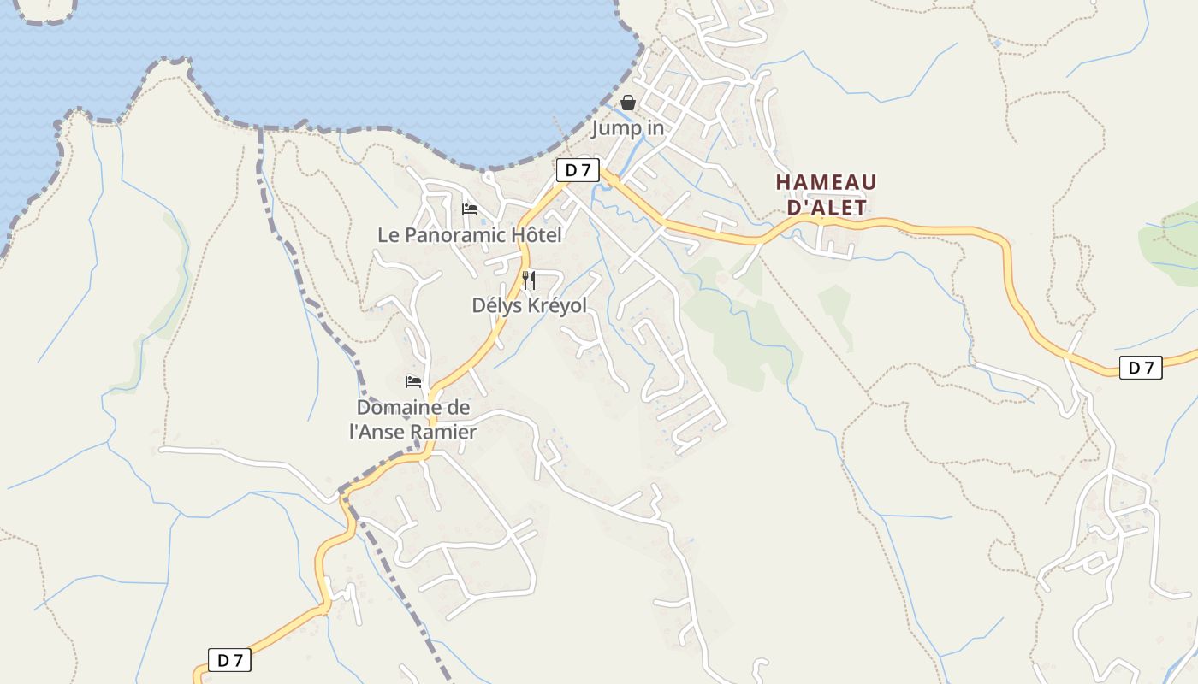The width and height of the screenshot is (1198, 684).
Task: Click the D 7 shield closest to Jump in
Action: (578, 170)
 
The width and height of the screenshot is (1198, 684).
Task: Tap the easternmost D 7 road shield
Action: (1141, 368)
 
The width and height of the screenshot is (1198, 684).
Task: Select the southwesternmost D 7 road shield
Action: (229, 660)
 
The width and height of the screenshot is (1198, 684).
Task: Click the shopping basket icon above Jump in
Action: (628, 103)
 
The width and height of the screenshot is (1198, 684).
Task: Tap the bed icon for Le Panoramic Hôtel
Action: (470, 209)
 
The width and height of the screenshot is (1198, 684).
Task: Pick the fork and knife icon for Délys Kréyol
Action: (529, 280)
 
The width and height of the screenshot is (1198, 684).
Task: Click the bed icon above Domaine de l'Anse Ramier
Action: (413, 381)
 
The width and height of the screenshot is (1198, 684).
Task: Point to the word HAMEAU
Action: (826, 182)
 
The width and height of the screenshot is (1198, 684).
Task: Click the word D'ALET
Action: (826, 208)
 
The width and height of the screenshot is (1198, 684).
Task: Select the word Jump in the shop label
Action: (617, 129)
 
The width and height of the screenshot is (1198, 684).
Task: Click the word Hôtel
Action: (537, 235)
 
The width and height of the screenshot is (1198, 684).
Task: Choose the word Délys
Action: (497, 305)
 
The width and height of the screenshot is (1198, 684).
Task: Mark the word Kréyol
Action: (556, 305)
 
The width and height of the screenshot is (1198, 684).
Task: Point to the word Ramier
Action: (444, 432)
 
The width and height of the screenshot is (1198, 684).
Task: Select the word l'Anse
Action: (377, 432)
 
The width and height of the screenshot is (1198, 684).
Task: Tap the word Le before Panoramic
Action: (388, 235)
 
